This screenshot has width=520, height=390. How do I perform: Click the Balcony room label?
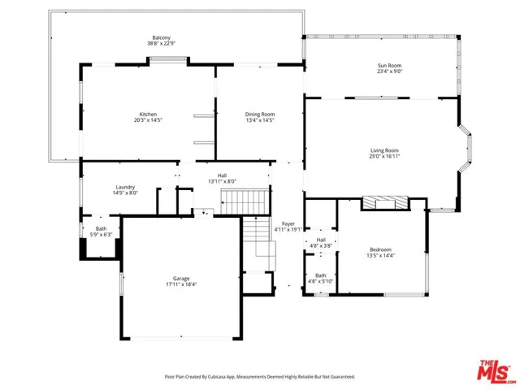pos(158,37)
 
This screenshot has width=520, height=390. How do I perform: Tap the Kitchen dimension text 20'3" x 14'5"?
pos(148,120)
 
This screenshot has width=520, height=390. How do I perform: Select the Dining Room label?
pos(260,114)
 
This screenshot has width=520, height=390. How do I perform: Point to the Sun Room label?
pos(389,65)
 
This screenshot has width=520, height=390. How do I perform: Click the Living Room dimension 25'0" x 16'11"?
pos(384,156)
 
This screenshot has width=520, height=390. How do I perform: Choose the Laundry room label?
pos(125,186)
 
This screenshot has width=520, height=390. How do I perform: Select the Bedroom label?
pos(380,249)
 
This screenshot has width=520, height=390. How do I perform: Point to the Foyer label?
pos(288,223)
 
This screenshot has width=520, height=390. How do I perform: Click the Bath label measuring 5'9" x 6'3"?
pos(101,228)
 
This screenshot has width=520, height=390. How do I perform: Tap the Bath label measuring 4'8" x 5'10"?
pos(321,275)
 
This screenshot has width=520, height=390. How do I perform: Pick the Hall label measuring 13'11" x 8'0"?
pos(222,175)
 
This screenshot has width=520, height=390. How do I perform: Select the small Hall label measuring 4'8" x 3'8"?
pos(321,240)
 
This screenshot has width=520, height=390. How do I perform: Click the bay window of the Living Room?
pos(466,149)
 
